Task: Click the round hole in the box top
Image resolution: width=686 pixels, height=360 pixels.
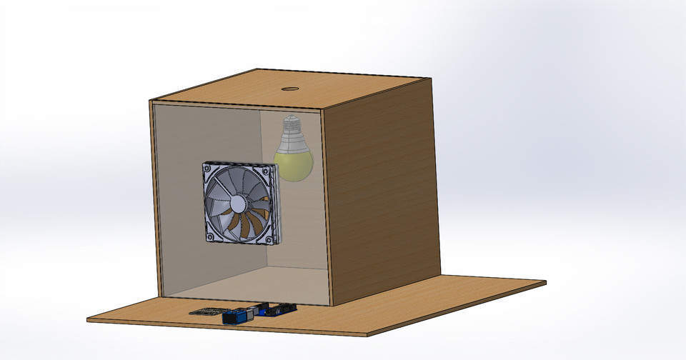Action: coord(290,89)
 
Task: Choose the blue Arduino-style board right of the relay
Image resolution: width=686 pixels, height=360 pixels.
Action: coord(278,309)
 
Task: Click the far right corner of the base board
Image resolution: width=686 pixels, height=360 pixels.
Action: coord(545,283)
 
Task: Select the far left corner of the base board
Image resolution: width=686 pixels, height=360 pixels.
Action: coord(89,319)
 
